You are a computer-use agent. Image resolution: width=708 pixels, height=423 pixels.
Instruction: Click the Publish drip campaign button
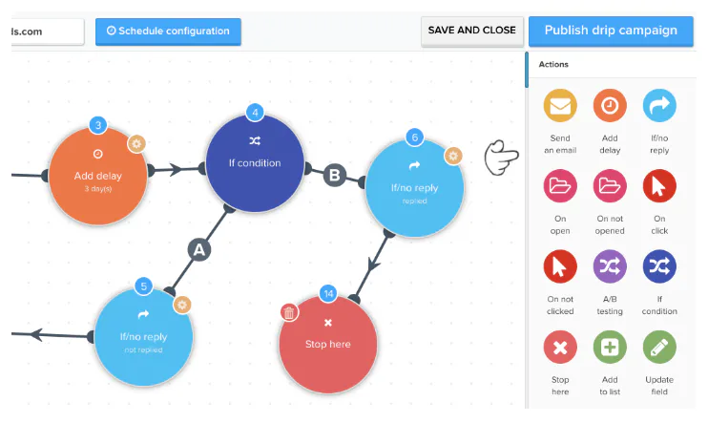(611, 31)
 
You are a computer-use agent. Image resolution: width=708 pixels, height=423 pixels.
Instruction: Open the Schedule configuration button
(168, 32)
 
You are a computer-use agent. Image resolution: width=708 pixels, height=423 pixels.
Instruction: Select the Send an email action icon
(560, 105)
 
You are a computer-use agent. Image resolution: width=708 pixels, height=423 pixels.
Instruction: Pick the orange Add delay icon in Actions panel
(610, 105)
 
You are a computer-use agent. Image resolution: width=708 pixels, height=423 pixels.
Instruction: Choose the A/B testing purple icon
(610, 266)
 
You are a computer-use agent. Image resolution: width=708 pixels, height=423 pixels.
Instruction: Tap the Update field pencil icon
(659, 347)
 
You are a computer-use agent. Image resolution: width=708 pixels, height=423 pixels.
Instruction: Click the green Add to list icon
(610, 347)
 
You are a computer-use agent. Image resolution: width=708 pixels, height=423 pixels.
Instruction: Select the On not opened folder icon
(610, 186)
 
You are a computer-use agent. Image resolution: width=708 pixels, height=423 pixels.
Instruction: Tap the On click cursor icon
(659, 186)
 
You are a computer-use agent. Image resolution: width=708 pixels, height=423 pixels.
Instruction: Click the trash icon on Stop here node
(289, 312)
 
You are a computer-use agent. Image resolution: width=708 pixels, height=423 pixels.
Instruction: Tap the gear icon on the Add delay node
(136, 144)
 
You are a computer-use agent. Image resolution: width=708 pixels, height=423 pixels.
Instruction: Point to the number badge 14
(328, 294)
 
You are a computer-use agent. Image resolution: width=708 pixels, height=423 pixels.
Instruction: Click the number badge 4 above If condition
(255, 113)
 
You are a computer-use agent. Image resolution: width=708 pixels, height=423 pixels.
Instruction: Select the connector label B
(335, 175)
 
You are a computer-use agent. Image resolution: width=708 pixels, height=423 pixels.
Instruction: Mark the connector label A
(199, 250)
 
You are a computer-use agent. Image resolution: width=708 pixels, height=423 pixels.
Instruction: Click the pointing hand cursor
(501, 158)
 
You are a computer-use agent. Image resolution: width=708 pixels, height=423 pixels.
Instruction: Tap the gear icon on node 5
(182, 305)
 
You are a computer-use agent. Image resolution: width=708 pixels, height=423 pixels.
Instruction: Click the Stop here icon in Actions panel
(560, 347)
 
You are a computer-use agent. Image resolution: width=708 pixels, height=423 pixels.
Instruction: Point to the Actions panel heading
(553, 64)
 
